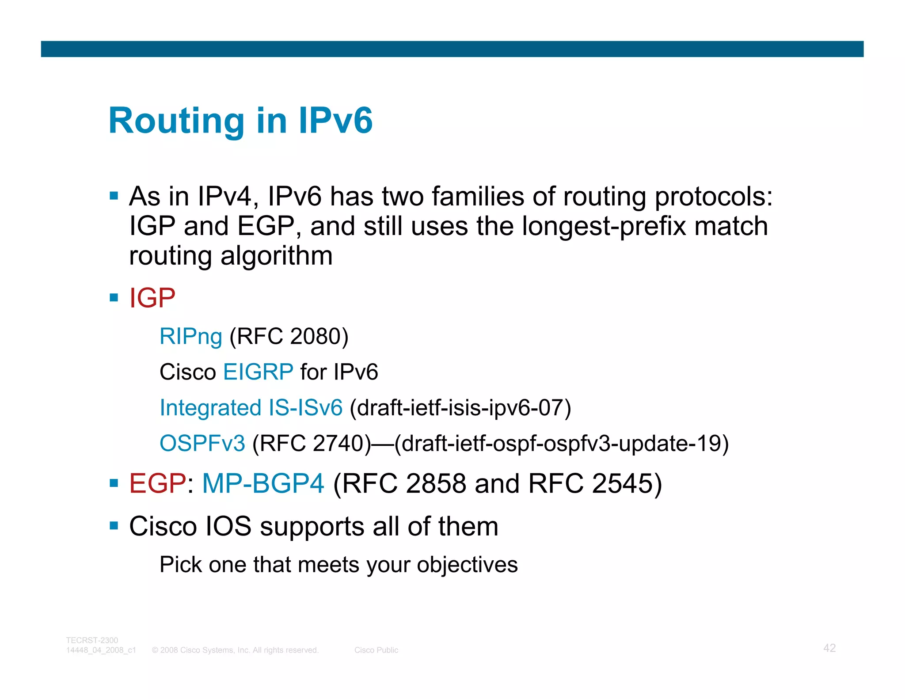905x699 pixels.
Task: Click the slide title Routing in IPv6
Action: pos(241,120)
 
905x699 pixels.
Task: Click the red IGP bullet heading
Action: pos(152,298)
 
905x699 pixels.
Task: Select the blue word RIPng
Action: pos(190,336)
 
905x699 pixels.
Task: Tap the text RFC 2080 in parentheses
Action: pos(289,336)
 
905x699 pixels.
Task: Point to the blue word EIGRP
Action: pos(258,372)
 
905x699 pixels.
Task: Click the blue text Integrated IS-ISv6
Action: pos(251,407)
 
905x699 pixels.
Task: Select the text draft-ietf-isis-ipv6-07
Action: pos(460,407)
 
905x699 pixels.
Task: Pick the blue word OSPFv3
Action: pos(202,443)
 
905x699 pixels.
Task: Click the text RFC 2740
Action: pos(312,443)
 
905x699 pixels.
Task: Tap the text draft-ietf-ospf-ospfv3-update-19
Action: pos(561,443)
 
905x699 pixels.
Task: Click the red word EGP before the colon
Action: pos(157,483)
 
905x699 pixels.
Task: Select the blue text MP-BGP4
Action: pos(263,483)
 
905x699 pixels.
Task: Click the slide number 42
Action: pos(829,648)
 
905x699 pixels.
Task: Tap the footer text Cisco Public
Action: pos(376,650)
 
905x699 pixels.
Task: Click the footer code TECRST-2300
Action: pos(92,640)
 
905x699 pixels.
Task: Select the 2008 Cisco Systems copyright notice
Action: pos(235,650)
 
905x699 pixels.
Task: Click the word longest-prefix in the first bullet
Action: pos(604,226)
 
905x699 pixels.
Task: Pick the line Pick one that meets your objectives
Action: pos(338,565)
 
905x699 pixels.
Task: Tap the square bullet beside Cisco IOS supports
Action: pos(114,526)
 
